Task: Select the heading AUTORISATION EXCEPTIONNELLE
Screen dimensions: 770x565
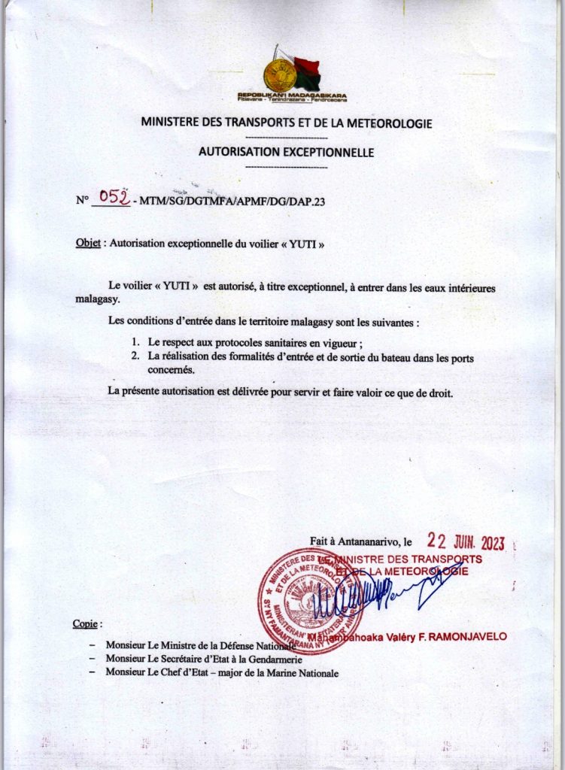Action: click(x=286, y=152)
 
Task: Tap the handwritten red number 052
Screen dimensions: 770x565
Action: click(x=114, y=198)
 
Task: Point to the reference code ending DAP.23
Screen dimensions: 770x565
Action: click(x=232, y=202)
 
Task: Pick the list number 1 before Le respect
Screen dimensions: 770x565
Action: click(x=135, y=342)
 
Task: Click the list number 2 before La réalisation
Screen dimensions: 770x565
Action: click(x=135, y=356)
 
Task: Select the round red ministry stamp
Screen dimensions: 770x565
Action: click(x=309, y=602)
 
